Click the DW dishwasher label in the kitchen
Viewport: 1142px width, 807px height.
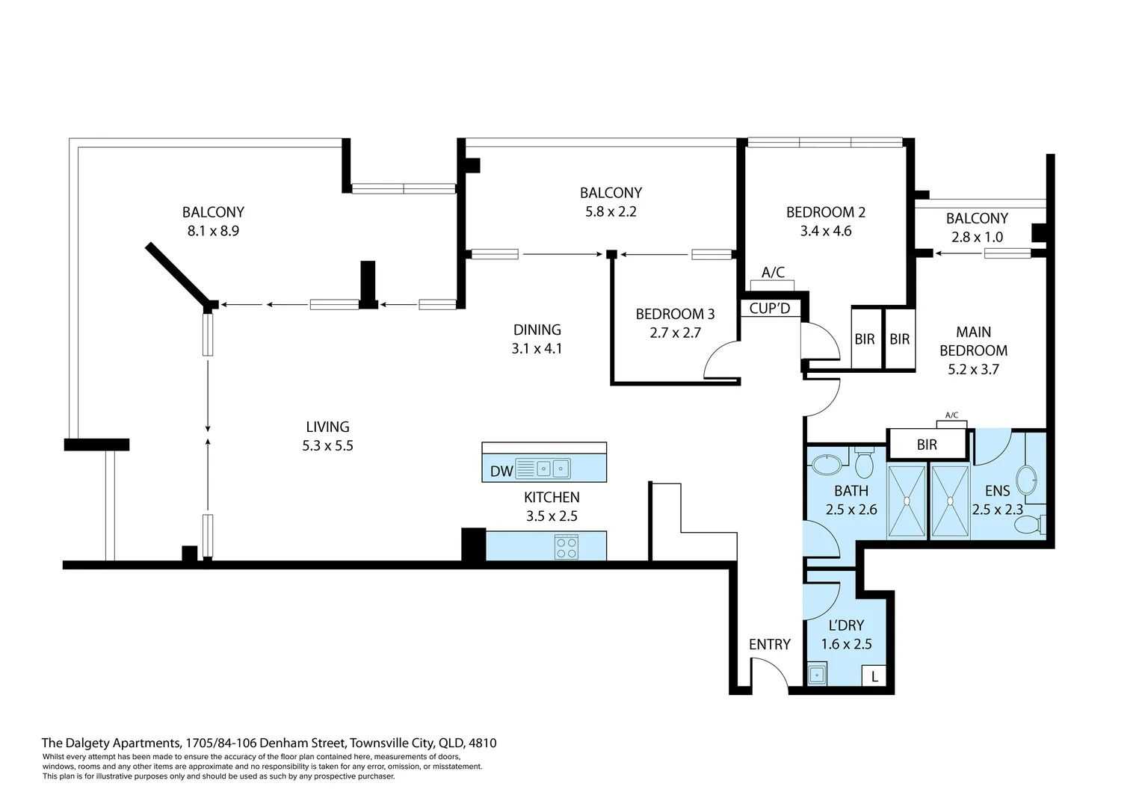(x=501, y=471)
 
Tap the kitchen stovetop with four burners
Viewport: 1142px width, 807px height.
(x=566, y=547)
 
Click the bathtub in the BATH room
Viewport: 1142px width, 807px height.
(x=827, y=466)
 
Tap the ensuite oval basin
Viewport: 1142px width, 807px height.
(x=1027, y=478)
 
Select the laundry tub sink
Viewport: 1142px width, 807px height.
(x=817, y=675)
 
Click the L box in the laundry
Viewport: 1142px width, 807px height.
(x=874, y=677)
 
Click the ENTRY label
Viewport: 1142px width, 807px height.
(x=769, y=644)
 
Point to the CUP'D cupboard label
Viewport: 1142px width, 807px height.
(x=769, y=308)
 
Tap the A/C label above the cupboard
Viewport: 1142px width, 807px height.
(x=773, y=273)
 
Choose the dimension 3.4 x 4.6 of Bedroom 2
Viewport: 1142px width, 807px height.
(x=825, y=231)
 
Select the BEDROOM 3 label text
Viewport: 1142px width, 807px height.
(x=675, y=314)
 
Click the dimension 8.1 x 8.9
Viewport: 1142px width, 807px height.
(x=213, y=231)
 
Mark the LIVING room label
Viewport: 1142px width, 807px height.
(x=327, y=427)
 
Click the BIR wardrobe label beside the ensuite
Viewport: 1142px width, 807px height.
(x=927, y=445)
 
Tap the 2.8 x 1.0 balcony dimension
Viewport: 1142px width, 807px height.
(x=977, y=237)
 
